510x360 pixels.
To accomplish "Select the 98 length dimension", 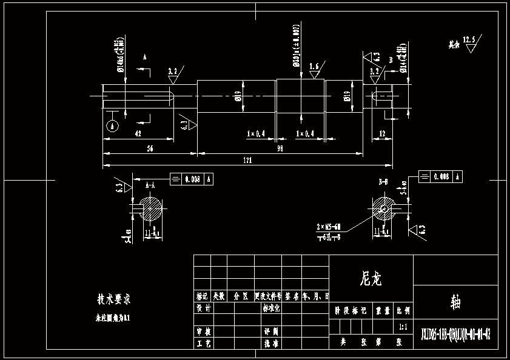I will pyautogui.click(x=280, y=148).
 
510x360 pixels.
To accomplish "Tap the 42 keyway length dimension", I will pyautogui.click(x=138, y=133).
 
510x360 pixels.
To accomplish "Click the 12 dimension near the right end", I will pyautogui.click(x=382, y=133).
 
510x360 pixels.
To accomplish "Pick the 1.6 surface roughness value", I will pyautogui.click(x=314, y=66).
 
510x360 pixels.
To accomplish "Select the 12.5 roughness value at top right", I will pyautogui.click(x=469, y=40).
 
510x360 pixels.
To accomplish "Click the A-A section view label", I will pyautogui.click(x=151, y=181).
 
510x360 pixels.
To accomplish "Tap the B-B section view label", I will pyautogui.click(x=383, y=181).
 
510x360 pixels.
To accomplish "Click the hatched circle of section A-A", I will pyautogui.click(x=152, y=210).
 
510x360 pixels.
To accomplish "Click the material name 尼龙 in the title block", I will pyautogui.click(x=371, y=278).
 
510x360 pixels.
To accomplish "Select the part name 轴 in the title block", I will pyautogui.click(x=455, y=301).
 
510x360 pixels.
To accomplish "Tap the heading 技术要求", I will pyautogui.click(x=114, y=299).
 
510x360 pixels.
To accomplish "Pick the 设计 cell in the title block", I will pyautogui.click(x=203, y=308).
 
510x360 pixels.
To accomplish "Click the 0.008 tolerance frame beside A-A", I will pyautogui.click(x=192, y=179).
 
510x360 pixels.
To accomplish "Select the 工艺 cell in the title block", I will pyautogui.click(x=203, y=343).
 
